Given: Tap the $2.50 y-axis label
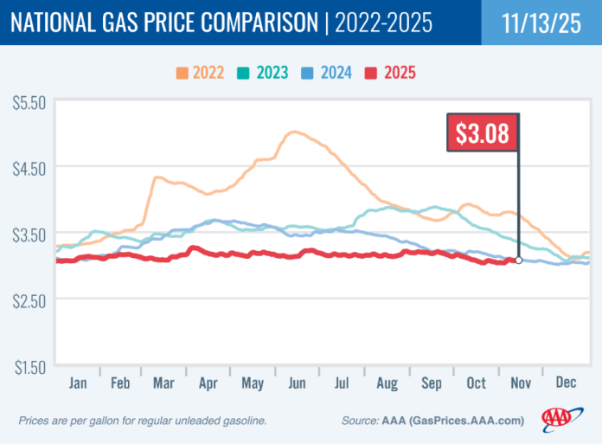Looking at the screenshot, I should click(29, 299).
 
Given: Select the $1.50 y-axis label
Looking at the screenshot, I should click(29, 366).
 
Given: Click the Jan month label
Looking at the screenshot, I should click(78, 383).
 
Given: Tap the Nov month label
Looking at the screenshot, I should click(519, 383).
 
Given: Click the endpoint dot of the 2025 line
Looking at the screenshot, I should click(519, 260).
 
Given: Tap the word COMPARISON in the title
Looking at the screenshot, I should click(243, 23).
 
